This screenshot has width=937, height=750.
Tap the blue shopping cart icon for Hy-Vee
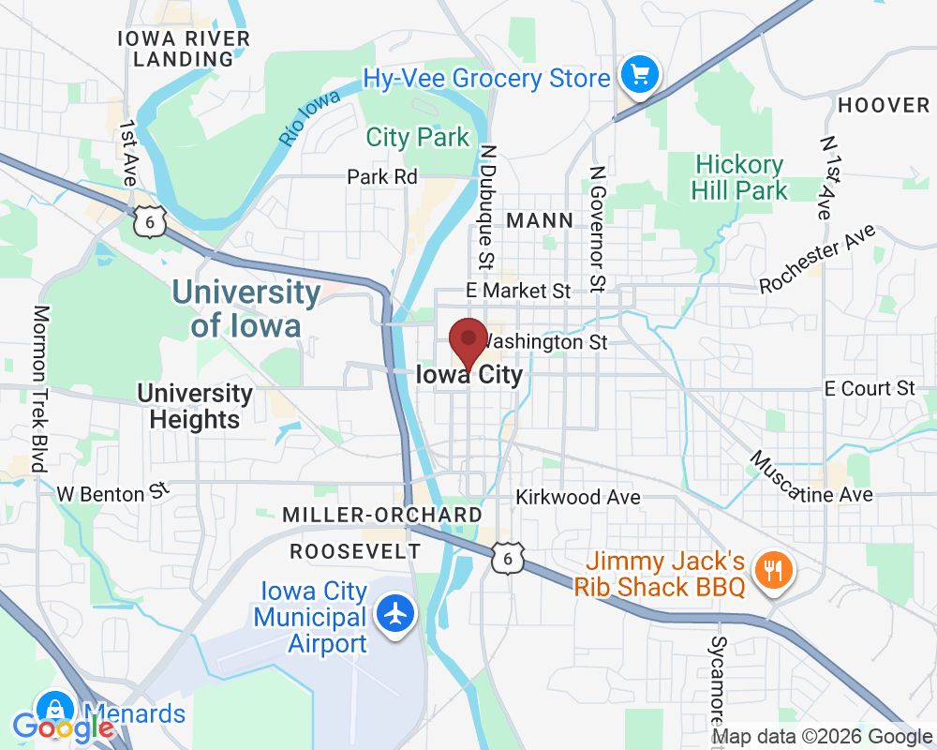(x=640, y=75)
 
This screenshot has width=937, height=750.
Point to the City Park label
(x=417, y=137)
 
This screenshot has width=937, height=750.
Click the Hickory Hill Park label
(x=739, y=178)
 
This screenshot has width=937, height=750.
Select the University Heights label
(x=195, y=406)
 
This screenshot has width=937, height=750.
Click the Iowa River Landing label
(x=183, y=49)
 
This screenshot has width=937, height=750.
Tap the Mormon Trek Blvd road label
(x=39, y=388)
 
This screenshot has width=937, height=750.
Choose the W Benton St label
(x=112, y=492)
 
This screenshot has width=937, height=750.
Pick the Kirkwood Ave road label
(x=578, y=496)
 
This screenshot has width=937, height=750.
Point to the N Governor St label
(x=594, y=228)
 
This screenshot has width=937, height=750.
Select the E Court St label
(x=869, y=388)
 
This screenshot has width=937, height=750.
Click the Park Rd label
(x=381, y=176)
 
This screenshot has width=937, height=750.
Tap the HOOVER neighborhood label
(x=884, y=105)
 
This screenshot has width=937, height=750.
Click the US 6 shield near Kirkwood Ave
(x=507, y=558)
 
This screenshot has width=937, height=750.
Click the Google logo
(x=63, y=727)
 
